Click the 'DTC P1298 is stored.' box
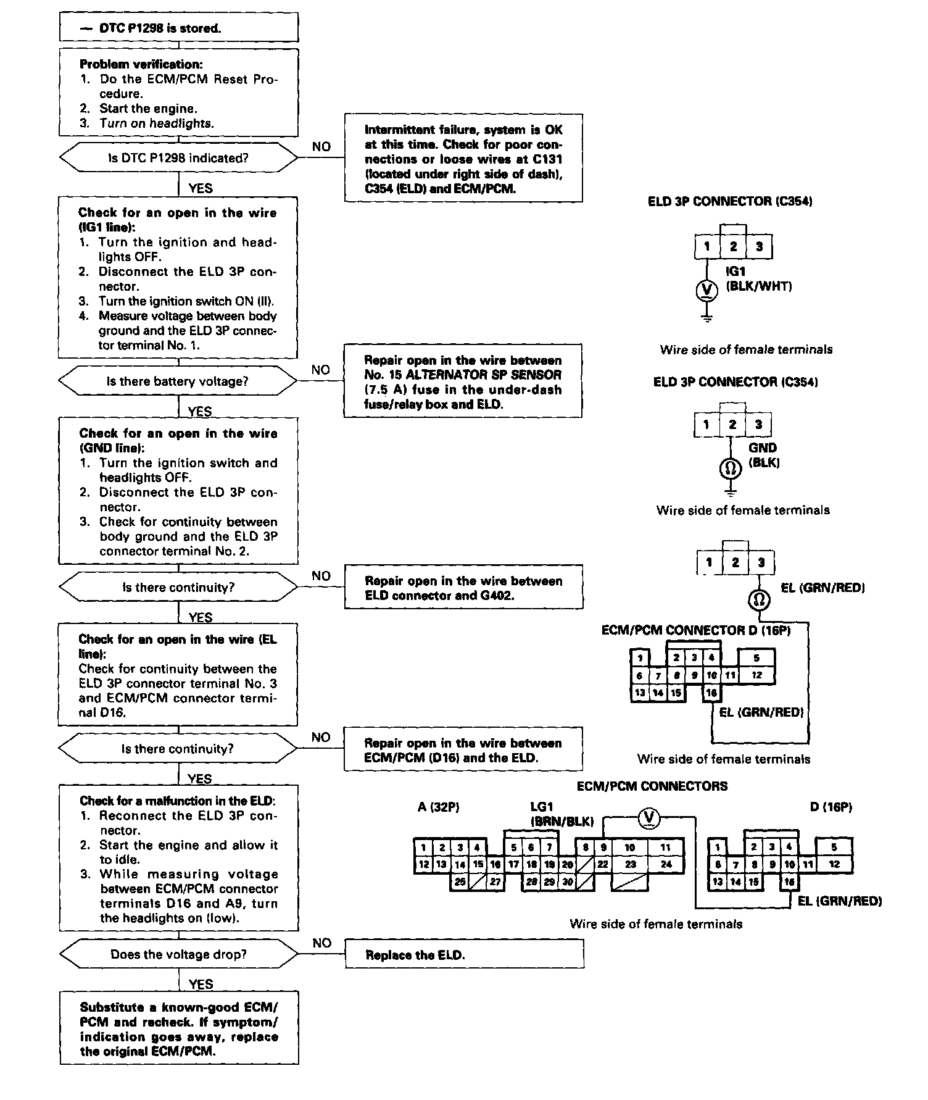[178, 28]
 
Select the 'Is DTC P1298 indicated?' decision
[178, 158]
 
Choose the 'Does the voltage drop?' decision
[178, 954]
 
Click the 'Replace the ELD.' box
[463, 955]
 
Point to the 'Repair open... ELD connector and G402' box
[463, 588]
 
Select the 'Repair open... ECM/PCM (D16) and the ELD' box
[463, 750]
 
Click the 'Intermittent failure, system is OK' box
[463, 159]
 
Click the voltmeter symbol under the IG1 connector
[707, 290]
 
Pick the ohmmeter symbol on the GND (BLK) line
[731, 469]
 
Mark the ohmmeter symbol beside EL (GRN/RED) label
[760, 599]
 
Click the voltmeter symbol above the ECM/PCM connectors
[648, 818]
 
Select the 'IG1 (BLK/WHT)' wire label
[758, 278]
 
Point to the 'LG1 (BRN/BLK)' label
[561, 814]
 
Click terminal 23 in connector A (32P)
[630, 864]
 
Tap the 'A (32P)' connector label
[438, 807]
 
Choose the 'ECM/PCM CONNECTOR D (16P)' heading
[696, 630]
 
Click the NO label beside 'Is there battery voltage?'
[321, 370]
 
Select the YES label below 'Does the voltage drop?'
[201, 985]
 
